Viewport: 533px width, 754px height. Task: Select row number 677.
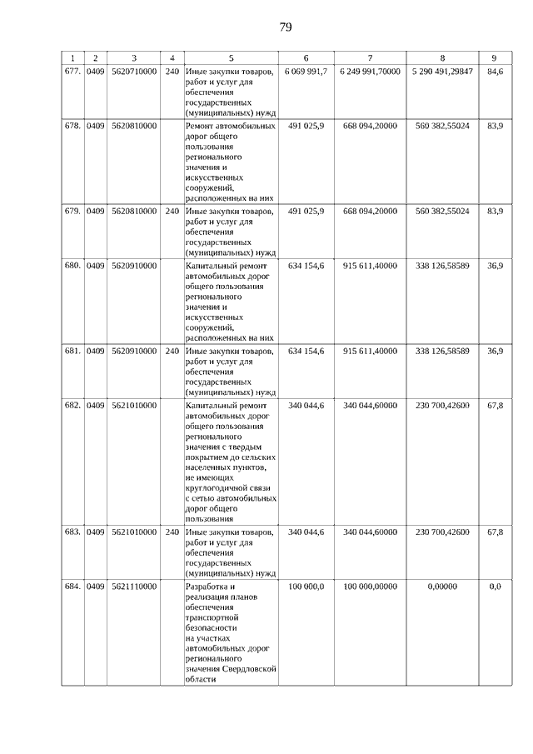[72, 72]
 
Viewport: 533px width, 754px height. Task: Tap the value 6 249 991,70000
[370, 72]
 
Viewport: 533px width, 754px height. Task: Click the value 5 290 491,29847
[442, 72]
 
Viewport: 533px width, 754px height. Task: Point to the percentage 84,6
[495, 72]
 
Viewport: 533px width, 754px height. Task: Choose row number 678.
[72, 126]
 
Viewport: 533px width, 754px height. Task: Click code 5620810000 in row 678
[133, 126]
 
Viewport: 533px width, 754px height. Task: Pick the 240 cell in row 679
[172, 212]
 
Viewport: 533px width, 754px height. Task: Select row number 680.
[72, 266]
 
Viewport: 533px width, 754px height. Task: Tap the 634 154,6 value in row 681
[306, 352]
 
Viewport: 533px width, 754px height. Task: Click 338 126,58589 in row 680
[442, 266]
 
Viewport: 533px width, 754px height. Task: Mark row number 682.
[72, 406]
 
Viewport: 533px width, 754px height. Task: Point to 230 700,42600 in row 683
[442, 532]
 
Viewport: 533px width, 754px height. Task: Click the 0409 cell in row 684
[95, 587]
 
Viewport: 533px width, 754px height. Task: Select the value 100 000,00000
[370, 587]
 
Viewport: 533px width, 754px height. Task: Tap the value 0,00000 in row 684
[442, 587]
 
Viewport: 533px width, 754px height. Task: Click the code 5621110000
[133, 587]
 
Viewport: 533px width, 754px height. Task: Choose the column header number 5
[231, 57]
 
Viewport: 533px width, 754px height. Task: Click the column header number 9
[495, 57]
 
